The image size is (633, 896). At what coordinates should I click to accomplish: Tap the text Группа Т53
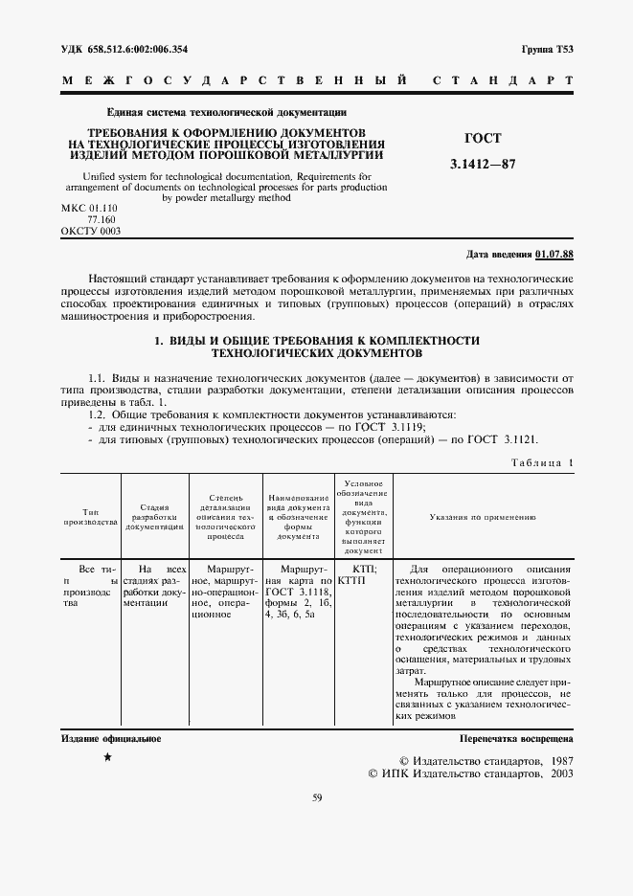click(x=547, y=49)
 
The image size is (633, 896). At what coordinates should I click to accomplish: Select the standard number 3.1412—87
click(x=483, y=164)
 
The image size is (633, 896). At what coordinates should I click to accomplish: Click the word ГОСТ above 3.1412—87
click(x=483, y=139)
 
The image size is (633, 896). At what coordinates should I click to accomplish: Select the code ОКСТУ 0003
click(x=91, y=231)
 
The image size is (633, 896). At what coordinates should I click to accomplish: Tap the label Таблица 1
click(x=542, y=462)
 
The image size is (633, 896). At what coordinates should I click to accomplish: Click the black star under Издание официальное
click(x=107, y=757)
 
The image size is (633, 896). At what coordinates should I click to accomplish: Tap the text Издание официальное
click(x=111, y=739)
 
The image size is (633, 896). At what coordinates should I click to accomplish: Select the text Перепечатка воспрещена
click(x=516, y=739)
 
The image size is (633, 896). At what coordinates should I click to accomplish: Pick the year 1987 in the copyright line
click(x=555, y=757)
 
